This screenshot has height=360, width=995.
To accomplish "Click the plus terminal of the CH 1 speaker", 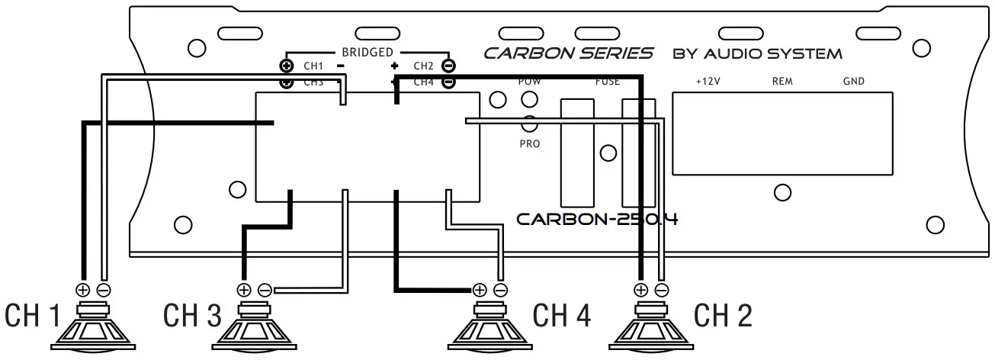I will [x=83, y=290].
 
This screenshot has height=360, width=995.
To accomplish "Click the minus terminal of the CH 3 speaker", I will [x=265, y=290].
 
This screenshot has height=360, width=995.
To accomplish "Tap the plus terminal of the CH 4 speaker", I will [x=480, y=290].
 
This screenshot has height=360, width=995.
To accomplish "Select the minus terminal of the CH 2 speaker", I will [x=662, y=290].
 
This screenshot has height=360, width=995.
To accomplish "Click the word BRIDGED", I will [x=367, y=52].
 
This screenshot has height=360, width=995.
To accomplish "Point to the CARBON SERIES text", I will [x=568, y=53].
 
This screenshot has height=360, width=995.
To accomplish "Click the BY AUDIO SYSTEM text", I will [x=757, y=54].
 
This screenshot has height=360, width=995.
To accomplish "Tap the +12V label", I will [x=708, y=81].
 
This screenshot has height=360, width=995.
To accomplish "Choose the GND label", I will [x=853, y=81].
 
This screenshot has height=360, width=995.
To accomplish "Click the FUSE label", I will [x=607, y=81].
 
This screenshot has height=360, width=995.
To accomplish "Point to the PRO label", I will [x=528, y=143].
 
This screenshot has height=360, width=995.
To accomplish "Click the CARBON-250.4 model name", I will [x=597, y=219].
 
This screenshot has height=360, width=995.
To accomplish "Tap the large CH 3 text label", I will [x=193, y=315].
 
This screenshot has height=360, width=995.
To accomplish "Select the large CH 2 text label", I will [x=722, y=315].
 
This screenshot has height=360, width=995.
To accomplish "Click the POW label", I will [x=528, y=81].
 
